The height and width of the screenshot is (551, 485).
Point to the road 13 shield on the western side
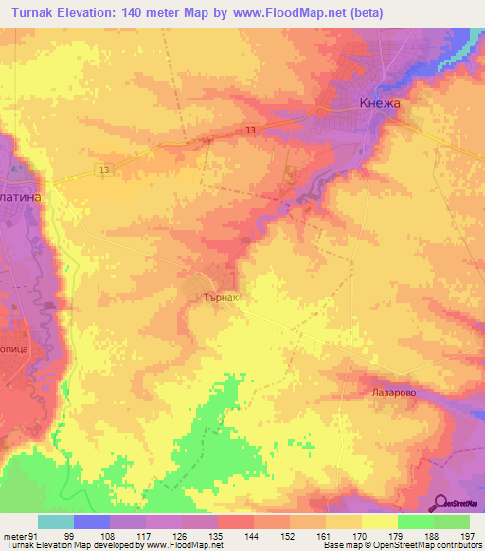tap(102, 169)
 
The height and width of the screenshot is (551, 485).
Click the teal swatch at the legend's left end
tap(55, 522)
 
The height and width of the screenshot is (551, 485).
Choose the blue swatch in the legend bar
tap(91, 522)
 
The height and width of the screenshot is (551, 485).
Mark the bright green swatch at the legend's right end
tap(451, 522)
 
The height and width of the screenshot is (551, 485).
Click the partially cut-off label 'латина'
tap(23, 176)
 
